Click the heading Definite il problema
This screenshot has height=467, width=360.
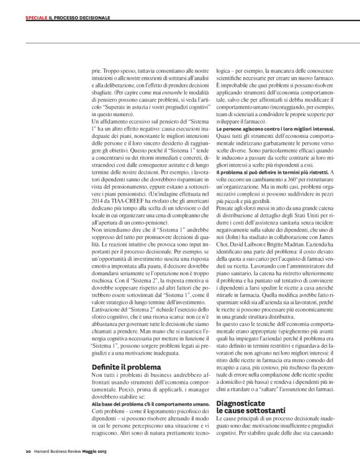pos(126,367)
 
